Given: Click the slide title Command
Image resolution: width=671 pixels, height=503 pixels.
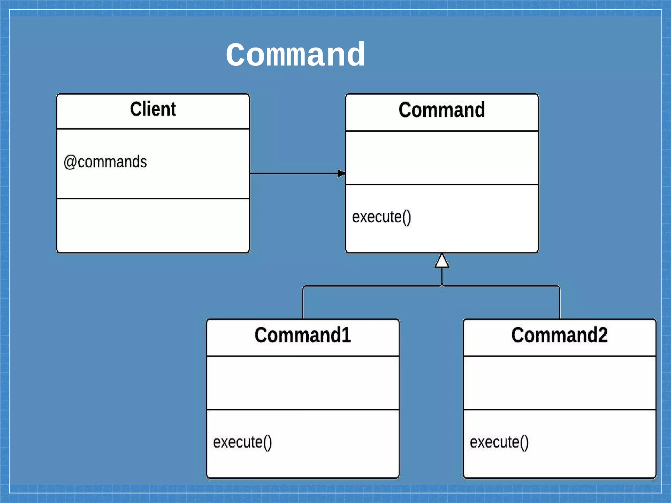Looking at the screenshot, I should [x=295, y=55].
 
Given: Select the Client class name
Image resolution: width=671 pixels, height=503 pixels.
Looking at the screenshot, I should [x=153, y=109].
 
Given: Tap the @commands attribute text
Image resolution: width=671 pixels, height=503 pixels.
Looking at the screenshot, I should [x=105, y=162].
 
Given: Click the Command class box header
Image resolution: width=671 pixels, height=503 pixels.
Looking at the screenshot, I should [x=442, y=110].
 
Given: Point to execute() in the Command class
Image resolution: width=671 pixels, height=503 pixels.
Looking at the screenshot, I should [x=381, y=217].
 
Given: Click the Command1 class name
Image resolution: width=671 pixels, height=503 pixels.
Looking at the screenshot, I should [x=302, y=335].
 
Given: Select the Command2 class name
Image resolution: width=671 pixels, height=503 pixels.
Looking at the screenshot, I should [x=559, y=335].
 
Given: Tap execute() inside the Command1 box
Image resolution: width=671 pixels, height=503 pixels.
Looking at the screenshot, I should [x=242, y=442].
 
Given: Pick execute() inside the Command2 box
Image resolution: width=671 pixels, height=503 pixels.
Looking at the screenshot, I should [x=499, y=442].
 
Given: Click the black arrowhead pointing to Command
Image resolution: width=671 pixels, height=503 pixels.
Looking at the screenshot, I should [x=341, y=173].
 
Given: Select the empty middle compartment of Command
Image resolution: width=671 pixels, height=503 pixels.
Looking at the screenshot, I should [x=442, y=158].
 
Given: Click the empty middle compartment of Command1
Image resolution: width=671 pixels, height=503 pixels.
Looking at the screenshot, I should [x=302, y=382].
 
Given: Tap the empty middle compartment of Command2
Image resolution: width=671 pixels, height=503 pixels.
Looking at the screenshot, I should [x=559, y=382].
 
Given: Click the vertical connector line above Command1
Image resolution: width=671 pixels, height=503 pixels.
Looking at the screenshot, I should [x=303, y=303].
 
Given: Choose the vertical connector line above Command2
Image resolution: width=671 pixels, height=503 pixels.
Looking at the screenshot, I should [x=560, y=303].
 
